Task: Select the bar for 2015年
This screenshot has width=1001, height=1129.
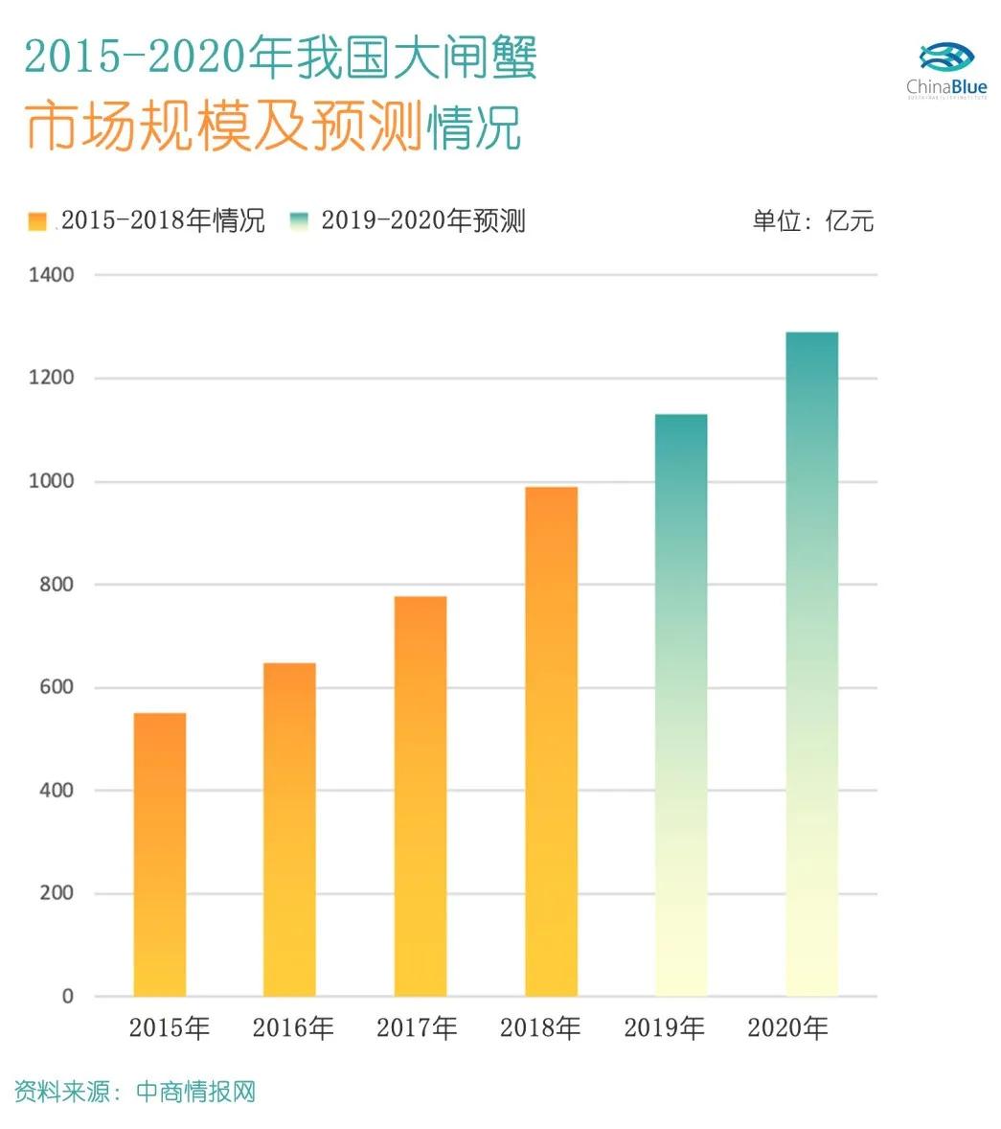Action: coord(159,854)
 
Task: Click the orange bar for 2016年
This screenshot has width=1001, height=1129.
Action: coord(289,829)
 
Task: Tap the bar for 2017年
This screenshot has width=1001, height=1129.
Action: coord(420,795)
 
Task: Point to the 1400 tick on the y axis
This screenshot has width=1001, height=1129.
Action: coord(51,275)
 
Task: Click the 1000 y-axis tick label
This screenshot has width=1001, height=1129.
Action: coord(51,481)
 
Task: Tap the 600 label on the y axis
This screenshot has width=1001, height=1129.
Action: coord(56,687)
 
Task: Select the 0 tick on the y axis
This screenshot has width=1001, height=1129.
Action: coord(67,997)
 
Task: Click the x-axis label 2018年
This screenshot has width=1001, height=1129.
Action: coord(540,1028)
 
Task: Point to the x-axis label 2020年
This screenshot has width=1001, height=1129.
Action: coord(787,1028)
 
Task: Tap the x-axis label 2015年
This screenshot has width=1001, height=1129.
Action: coord(170,1028)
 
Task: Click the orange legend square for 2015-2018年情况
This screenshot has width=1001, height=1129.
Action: coord(37,221)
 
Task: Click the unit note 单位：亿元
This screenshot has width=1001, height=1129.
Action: coord(812,221)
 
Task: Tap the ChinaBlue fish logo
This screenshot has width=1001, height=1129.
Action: coord(945,58)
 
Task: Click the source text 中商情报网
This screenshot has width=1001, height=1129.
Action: coord(196,1092)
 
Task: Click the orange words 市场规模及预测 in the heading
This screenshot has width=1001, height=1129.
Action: coord(223,127)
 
